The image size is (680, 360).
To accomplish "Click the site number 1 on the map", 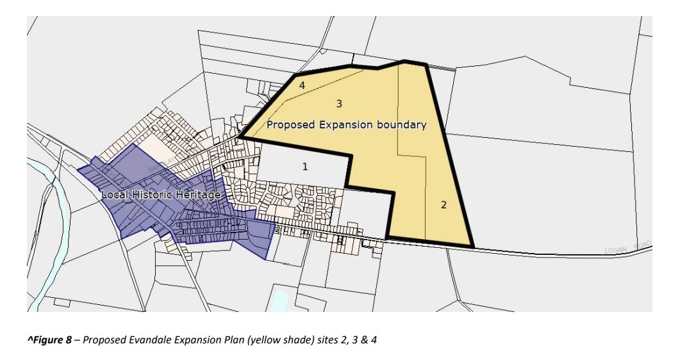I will [305, 167].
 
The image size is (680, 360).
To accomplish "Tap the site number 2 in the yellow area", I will [443, 205].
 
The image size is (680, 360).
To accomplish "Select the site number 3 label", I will [339, 103].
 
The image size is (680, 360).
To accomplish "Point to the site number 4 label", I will [301, 85].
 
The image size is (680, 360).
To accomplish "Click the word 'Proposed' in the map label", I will [290, 125].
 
